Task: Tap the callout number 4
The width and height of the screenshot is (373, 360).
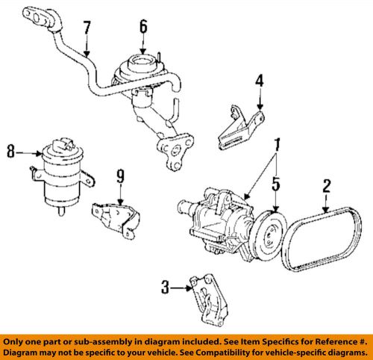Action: (259, 80)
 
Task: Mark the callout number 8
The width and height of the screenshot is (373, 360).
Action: (10, 153)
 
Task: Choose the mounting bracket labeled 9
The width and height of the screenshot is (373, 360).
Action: (116, 220)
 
